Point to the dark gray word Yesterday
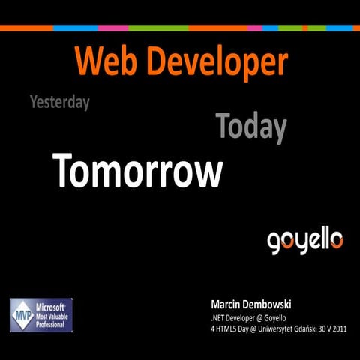pos(59,102)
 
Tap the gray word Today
pos(251,128)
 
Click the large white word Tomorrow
pos(138,172)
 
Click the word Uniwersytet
pos(277,330)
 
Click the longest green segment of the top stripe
pos(158,28)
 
